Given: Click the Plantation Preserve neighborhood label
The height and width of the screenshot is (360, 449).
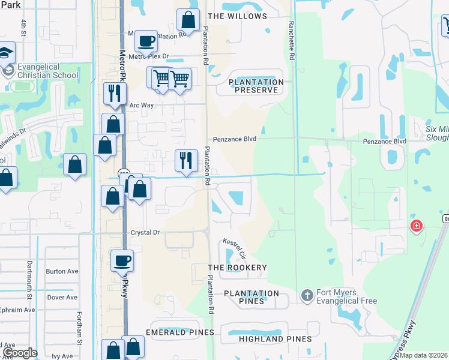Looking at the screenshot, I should coord(256,86).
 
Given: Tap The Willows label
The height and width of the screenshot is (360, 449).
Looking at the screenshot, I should coord(237,16).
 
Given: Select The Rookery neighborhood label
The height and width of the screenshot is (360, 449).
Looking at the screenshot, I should coord(237,267).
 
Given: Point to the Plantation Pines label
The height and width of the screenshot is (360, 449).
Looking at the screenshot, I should coord(252,297).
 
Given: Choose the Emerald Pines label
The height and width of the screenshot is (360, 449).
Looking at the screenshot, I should coord(179,332).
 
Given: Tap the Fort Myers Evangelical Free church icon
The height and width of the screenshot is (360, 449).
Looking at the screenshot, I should coord(307,295).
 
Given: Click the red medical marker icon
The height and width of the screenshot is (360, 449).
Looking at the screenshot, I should coord(415,226).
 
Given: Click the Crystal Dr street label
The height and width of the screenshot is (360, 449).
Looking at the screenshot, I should coord(145,232).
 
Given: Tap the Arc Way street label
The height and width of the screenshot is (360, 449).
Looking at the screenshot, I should coord(142,105).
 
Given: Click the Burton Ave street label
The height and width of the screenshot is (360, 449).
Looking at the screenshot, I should coord(62,271).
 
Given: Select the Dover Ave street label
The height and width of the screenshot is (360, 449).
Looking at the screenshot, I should coord(62,297).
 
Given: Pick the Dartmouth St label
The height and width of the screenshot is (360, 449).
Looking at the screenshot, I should coord(29,274).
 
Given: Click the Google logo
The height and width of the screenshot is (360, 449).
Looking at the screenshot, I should coord(20,353).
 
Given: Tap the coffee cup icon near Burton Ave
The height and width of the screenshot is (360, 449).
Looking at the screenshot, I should coord(122,260).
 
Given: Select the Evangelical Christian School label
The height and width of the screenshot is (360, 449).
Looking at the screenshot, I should coord(48,71).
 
